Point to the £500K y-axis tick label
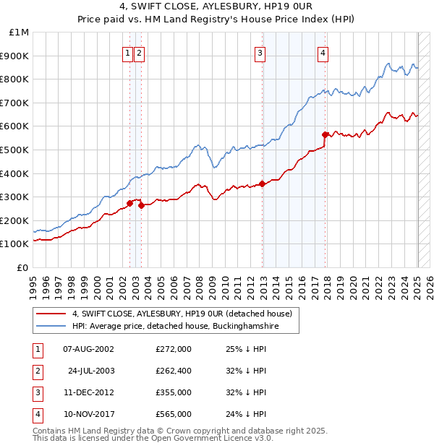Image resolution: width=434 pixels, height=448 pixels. tap(15, 150)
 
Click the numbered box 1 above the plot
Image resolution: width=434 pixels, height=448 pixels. tap(128, 53)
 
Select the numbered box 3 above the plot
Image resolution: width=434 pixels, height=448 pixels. tap(260, 53)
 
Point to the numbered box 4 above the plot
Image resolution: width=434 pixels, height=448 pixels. tap(323, 53)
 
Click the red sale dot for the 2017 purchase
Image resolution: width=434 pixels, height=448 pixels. tap(325, 134)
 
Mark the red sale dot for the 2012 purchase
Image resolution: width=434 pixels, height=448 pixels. tap(263, 184)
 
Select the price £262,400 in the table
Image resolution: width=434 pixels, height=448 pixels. tap(173, 371)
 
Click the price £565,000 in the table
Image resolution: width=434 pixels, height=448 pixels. tap(173, 414)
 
